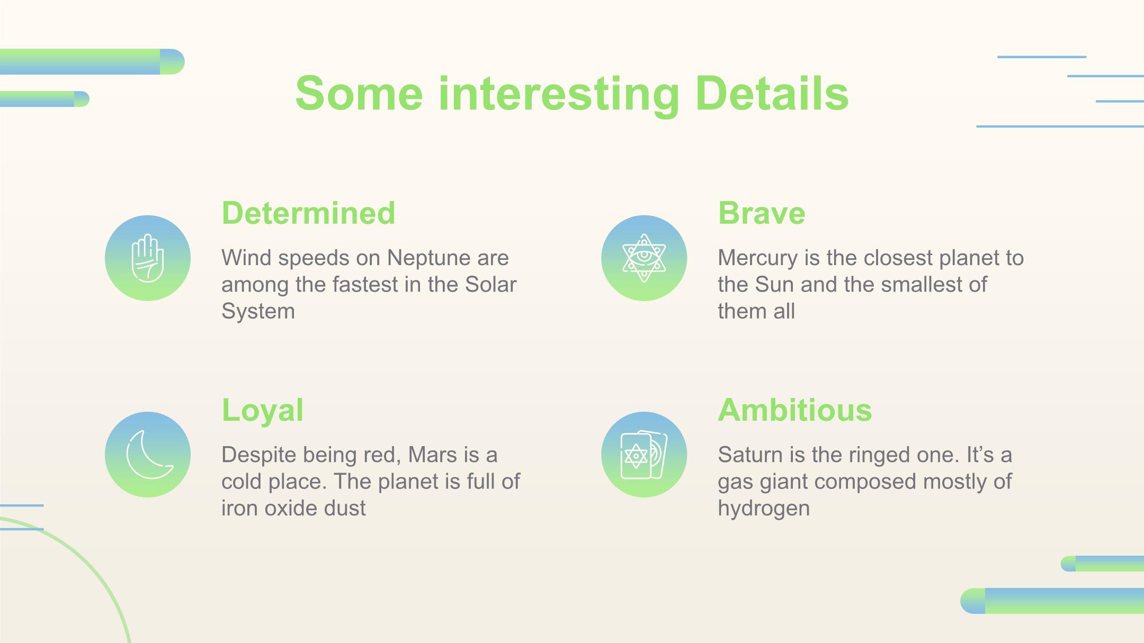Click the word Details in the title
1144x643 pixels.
(772, 94)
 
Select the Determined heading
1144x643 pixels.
(308, 213)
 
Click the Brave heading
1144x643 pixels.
(762, 213)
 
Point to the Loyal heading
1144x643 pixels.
(262, 411)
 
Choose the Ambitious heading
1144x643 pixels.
(795, 410)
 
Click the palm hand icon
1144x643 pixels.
(148, 258)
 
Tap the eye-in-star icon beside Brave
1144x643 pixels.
(644, 258)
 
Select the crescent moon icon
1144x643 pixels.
(149, 455)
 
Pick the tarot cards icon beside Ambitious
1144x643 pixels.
(644, 455)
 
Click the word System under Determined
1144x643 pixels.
(258, 312)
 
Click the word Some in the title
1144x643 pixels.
(359, 94)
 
